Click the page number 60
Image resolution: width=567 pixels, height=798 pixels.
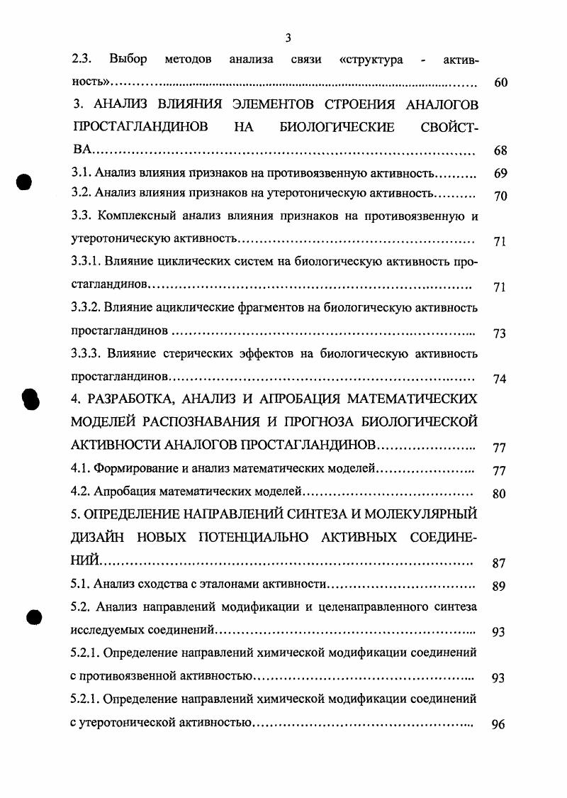tap(500, 82)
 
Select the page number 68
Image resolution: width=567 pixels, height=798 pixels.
tap(500, 151)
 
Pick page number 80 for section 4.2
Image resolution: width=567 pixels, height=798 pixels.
tap(499, 494)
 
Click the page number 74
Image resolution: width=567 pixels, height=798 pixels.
tap(499, 379)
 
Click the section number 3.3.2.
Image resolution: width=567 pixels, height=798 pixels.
tap(87, 308)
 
